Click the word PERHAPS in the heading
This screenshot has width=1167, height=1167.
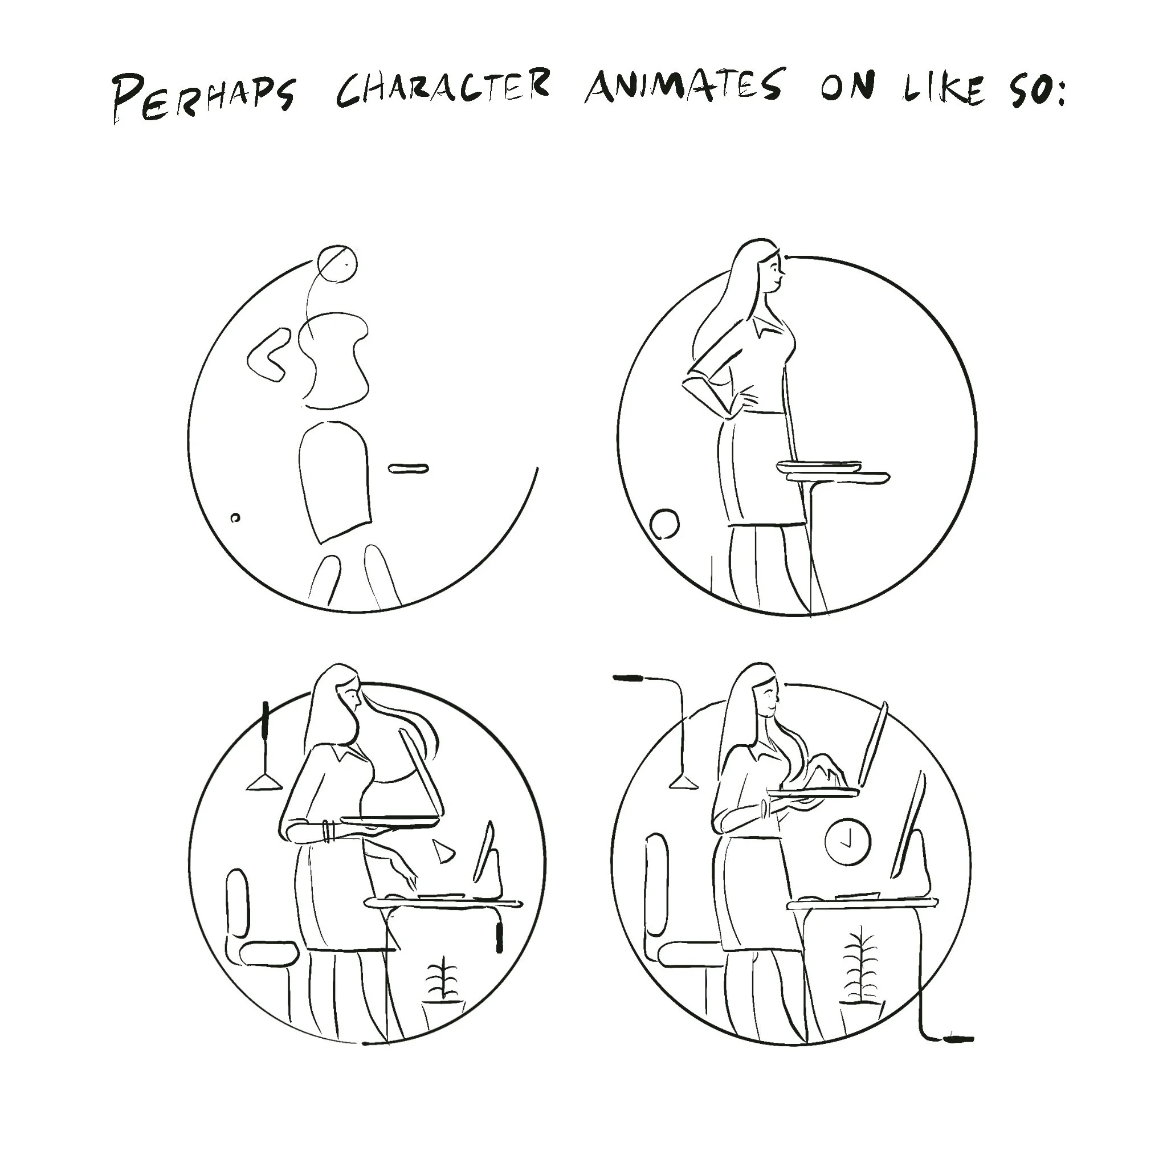click(204, 97)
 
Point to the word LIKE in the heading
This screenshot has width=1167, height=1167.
click(943, 89)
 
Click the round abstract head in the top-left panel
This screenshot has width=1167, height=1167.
click(337, 264)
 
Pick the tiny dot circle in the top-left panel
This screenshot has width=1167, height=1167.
click(235, 517)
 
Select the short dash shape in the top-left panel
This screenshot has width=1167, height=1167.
click(409, 468)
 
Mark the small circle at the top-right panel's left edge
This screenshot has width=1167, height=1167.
click(664, 524)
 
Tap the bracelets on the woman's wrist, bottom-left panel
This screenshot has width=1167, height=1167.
click(327, 831)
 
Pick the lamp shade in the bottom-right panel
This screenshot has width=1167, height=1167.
click(683, 782)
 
